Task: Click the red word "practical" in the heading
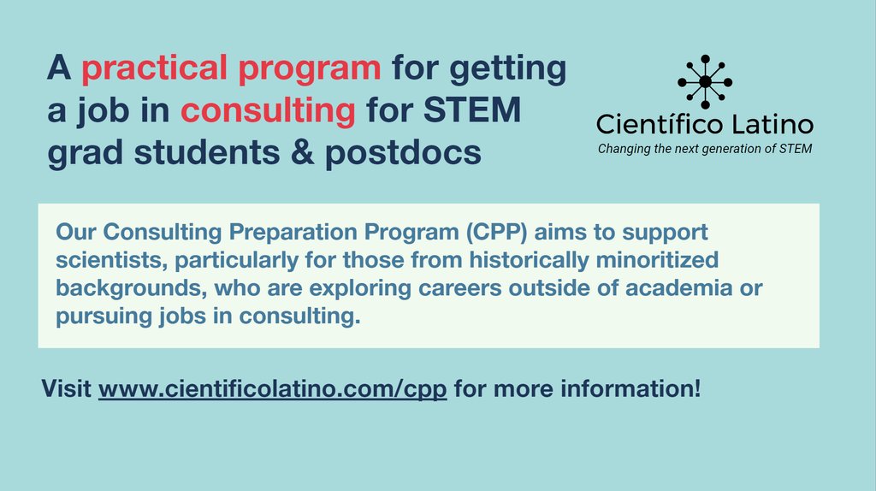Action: tap(142, 69)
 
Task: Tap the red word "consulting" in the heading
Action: tap(268, 112)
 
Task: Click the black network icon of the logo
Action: tap(704, 81)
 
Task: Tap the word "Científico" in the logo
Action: tap(660, 125)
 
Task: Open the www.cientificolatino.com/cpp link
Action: tap(273, 390)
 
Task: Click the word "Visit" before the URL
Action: tap(67, 390)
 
